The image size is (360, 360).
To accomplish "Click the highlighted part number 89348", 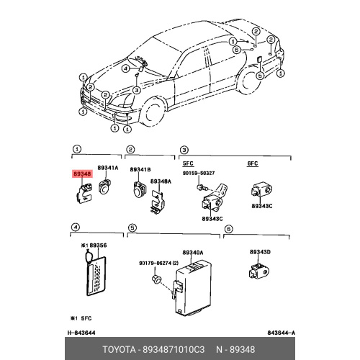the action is [82, 174].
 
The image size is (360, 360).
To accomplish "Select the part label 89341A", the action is [108, 168].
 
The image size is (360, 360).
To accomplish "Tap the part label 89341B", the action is [140, 170].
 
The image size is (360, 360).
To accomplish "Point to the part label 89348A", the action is [161, 181].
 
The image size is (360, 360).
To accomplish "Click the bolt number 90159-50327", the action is [199, 173].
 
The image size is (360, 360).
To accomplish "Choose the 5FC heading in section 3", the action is [188, 163].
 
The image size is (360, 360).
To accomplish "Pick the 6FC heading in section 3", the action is [253, 163].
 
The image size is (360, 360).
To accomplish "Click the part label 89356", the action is [98, 246].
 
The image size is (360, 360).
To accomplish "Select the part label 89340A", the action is [193, 253].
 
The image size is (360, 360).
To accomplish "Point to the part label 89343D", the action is [260, 252].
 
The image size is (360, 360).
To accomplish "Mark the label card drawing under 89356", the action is [96, 276].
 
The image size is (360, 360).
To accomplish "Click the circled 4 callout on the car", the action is [125, 69].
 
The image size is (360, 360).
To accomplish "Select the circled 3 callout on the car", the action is [137, 90].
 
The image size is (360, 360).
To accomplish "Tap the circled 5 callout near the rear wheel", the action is [260, 76].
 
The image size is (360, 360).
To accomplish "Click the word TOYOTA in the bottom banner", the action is [119, 349].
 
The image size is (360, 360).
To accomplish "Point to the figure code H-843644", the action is [81, 333].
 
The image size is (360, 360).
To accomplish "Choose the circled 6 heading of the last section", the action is [229, 229].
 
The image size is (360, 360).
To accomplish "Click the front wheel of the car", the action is [153, 112].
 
